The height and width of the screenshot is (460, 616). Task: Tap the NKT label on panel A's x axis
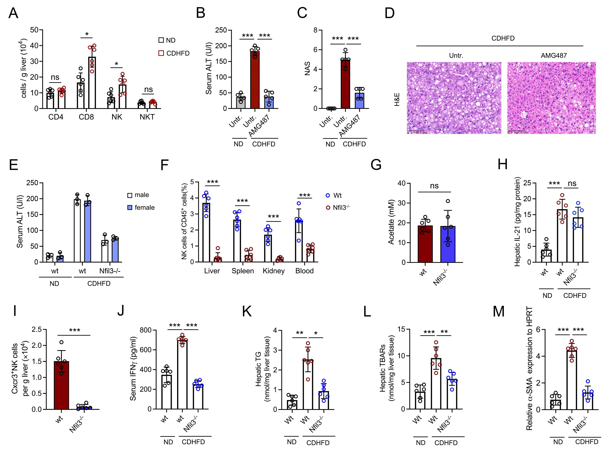[147, 117]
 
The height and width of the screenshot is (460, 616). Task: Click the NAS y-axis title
[307, 69]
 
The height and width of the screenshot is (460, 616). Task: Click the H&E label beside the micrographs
[397, 99]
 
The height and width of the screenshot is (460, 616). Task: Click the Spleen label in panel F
[243, 271]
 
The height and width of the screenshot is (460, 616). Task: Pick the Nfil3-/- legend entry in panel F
[338, 207]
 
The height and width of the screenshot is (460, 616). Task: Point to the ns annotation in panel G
[434, 186]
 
